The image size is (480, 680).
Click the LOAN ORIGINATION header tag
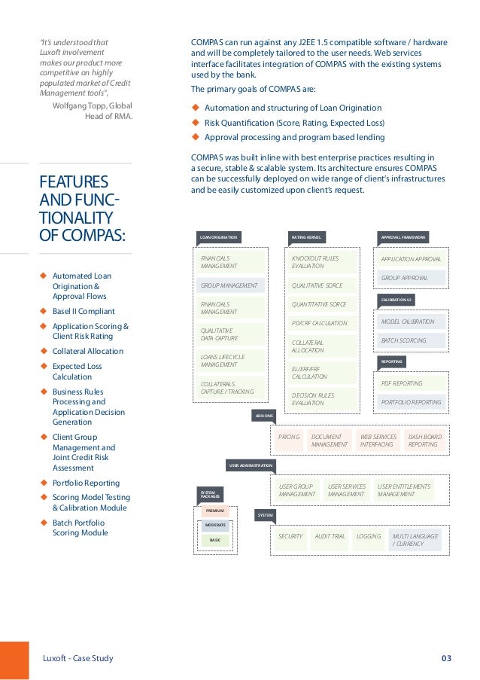click(x=218, y=237)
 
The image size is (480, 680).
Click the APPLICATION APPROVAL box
click(x=412, y=258)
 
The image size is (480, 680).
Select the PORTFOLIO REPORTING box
click(x=412, y=402)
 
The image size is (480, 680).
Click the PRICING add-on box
click(x=289, y=437)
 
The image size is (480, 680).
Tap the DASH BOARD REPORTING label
click(x=424, y=441)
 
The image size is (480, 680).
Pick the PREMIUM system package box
click(x=215, y=511)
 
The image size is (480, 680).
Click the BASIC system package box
click(x=215, y=540)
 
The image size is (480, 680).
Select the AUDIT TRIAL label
click(x=330, y=536)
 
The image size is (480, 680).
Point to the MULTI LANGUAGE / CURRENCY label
click(x=415, y=540)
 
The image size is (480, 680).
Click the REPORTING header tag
click(x=391, y=361)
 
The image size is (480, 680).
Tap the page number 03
click(x=446, y=659)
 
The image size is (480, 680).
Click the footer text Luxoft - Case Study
click(x=77, y=659)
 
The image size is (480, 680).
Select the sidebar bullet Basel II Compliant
click(x=84, y=311)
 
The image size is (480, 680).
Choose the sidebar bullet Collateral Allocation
click(x=87, y=351)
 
